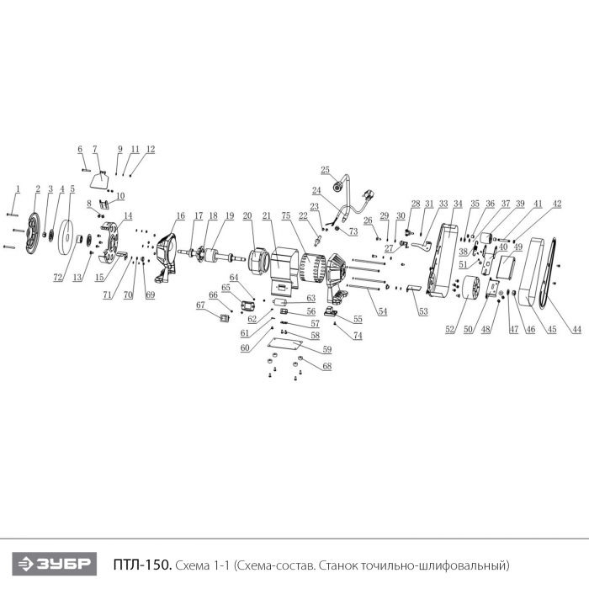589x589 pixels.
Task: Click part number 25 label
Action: tap(326, 170)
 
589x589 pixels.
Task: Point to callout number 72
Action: tap(57, 277)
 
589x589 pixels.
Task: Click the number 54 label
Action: tap(382, 312)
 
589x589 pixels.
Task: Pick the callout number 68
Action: tap(326, 366)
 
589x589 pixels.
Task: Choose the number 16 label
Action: tap(180, 215)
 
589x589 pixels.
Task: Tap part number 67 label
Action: tap(200, 305)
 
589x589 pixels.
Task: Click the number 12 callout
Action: tap(151, 149)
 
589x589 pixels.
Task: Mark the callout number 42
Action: tap(557, 204)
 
